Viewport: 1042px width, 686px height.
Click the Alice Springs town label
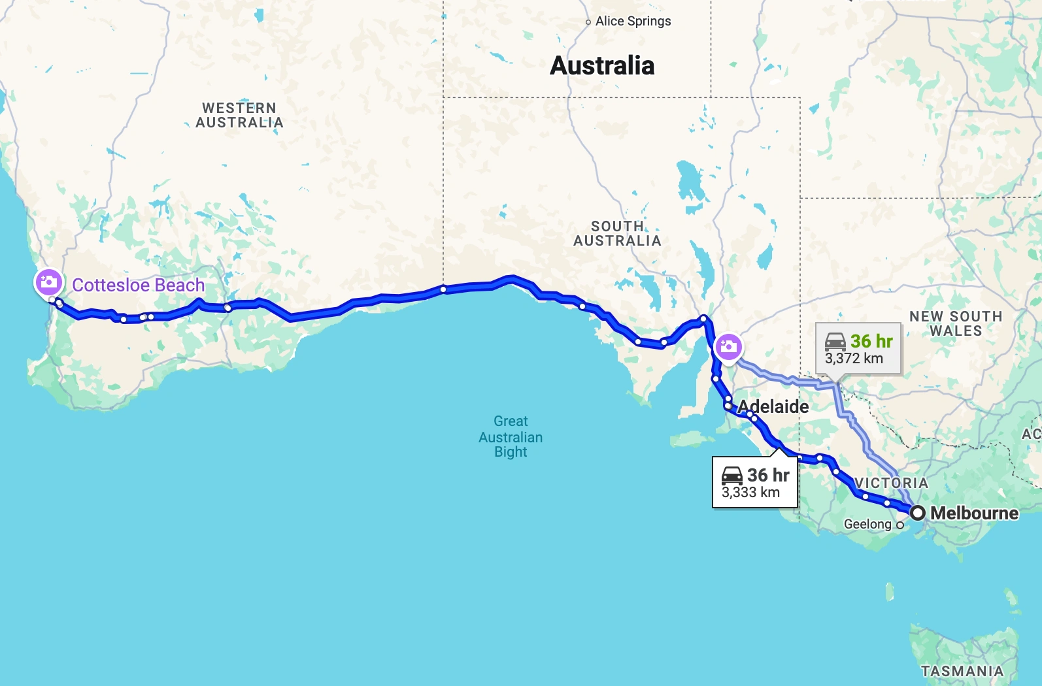tap(633, 21)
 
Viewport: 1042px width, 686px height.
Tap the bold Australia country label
tap(602, 65)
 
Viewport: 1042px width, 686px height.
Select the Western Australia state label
tap(239, 116)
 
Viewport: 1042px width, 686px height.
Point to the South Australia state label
tap(617, 234)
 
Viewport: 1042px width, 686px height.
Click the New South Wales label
tap(956, 323)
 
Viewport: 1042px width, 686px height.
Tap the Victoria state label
tap(891, 483)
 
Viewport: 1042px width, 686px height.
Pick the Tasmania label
tap(962, 671)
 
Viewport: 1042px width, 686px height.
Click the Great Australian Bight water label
tap(511, 436)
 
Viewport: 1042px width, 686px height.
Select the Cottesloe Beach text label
tap(138, 286)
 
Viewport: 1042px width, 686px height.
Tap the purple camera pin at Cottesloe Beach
tap(49, 282)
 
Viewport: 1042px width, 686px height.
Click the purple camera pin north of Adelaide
tap(728, 346)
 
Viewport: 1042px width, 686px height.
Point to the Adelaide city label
tap(773, 407)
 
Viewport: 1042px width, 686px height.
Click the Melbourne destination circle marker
tap(918, 513)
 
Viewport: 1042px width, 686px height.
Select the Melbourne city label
tap(974, 514)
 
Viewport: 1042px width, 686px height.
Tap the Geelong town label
tap(867, 524)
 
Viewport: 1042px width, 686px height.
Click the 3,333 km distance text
tap(750, 493)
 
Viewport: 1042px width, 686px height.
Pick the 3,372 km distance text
tap(854, 359)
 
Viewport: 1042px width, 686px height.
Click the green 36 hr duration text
tap(871, 341)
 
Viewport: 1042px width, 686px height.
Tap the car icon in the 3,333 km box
tap(732, 476)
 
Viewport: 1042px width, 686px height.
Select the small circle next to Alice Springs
tap(588, 22)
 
